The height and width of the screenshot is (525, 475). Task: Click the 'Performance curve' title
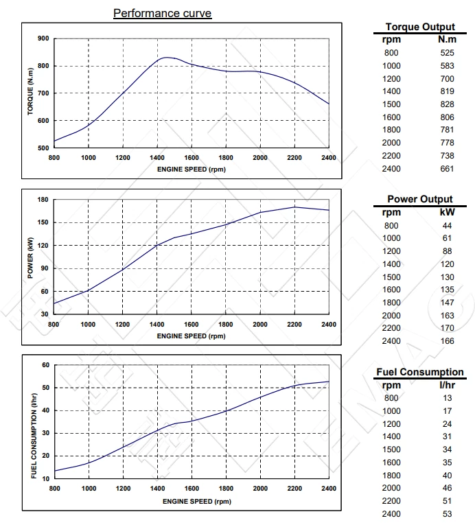click(x=162, y=13)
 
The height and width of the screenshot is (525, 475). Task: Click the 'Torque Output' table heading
click(x=420, y=27)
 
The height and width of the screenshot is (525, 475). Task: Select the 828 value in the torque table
click(x=448, y=104)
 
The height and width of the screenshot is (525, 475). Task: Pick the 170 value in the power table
click(x=448, y=328)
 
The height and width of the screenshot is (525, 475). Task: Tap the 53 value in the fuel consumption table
click(x=448, y=513)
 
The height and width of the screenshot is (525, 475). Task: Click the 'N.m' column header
click(x=448, y=39)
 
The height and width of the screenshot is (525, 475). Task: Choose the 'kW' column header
click(x=448, y=212)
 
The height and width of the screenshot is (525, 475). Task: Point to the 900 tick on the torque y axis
click(x=43, y=38)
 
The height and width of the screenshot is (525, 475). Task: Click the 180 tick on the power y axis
click(x=43, y=200)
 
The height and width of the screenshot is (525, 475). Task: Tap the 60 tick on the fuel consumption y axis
click(x=45, y=365)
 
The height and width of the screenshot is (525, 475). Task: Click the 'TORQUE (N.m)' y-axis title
click(x=30, y=92)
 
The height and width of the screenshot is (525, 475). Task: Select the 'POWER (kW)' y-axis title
click(x=30, y=257)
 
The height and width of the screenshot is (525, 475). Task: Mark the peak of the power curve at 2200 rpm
click(x=294, y=207)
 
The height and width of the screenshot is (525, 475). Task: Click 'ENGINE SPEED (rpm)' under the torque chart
click(x=191, y=169)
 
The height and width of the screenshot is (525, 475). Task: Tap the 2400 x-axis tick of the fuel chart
click(x=329, y=489)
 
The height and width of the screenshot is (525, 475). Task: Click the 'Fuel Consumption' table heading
click(x=420, y=372)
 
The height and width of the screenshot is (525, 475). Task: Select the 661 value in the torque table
click(x=448, y=168)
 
